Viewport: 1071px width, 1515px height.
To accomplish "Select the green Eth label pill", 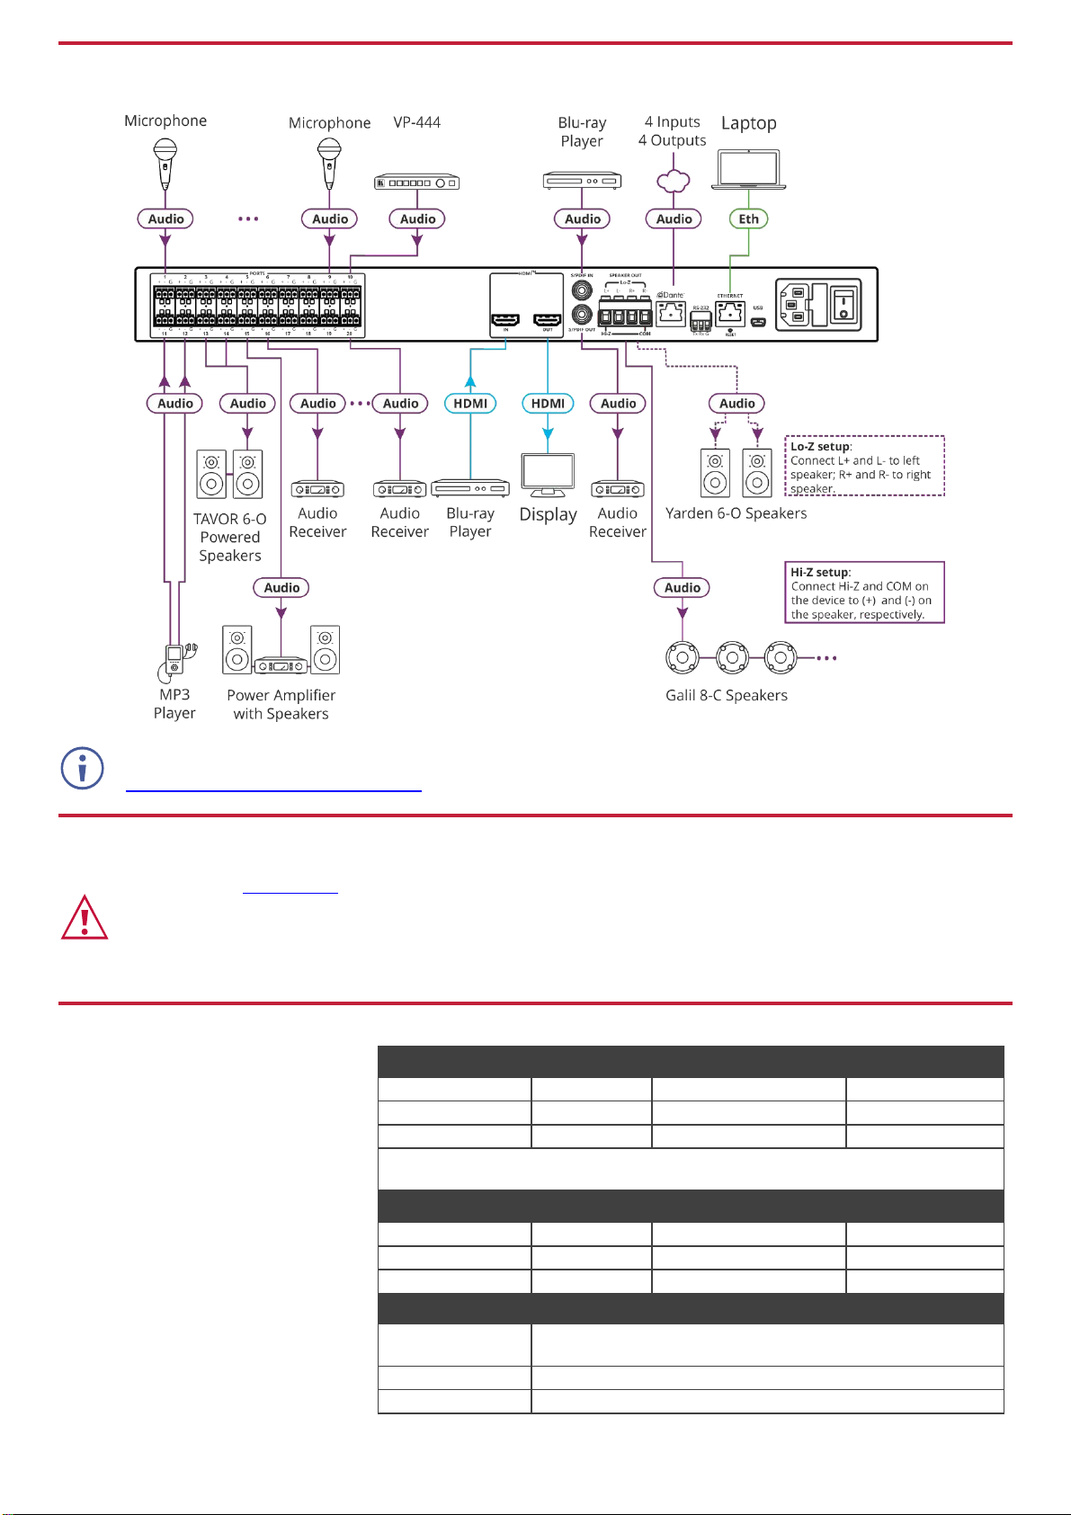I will click(748, 218).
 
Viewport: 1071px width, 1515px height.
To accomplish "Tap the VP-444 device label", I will click(416, 122).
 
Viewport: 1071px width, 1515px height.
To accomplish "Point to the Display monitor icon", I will click(548, 475).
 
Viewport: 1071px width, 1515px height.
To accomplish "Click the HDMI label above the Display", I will click(548, 404).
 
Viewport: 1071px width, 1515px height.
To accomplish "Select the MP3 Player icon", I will click(174, 659).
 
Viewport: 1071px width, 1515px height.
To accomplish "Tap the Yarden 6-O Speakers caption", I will click(736, 513).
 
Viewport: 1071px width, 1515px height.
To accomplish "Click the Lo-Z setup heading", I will click(820, 447).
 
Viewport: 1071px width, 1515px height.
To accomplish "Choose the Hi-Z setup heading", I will click(820, 573).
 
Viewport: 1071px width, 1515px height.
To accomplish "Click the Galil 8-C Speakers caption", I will click(726, 695).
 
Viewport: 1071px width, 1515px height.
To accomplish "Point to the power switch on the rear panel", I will click(843, 304).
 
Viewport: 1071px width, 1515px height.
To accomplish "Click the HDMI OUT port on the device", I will click(547, 321).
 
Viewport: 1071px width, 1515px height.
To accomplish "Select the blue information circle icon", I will click(82, 769).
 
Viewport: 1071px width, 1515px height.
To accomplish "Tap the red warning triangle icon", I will click(85, 918).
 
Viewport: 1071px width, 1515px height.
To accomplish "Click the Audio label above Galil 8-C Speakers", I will click(683, 588).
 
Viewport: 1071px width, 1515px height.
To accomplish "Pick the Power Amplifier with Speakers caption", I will click(281, 704).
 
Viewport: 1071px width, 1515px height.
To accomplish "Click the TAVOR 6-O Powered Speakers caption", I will click(230, 538).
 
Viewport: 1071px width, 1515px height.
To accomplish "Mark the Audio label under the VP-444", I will click(418, 218).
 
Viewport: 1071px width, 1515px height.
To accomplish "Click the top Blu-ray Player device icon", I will click(583, 182).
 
